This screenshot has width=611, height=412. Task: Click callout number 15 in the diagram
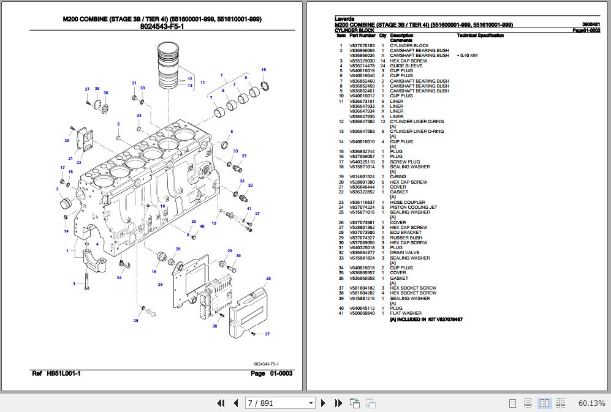click(264, 69)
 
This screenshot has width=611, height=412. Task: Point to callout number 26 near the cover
click(268, 279)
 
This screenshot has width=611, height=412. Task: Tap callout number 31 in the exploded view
click(134, 83)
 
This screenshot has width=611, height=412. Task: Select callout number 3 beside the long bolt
click(74, 284)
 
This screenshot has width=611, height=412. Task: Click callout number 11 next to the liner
click(202, 82)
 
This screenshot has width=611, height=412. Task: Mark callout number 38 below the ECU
click(214, 327)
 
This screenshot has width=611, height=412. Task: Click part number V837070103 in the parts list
click(362, 45)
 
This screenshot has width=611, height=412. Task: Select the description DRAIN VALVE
click(404, 253)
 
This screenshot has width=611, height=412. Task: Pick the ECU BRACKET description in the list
click(406, 233)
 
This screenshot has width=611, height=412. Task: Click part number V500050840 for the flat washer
click(362, 313)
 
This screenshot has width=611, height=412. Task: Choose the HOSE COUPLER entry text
click(407, 202)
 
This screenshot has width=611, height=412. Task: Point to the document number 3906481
click(591, 24)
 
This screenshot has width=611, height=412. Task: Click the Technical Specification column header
click(480, 36)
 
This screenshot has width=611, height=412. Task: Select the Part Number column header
click(362, 36)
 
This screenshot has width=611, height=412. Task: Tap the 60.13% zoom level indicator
click(591, 403)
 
